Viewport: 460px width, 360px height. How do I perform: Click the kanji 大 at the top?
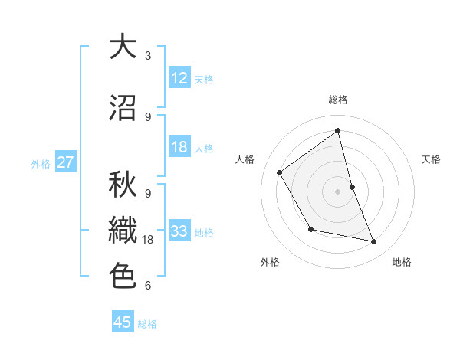(x=122, y=47)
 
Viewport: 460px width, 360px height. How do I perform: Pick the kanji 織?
(x=122, y=231)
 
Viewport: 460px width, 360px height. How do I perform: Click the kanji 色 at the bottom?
(x=122, y=275)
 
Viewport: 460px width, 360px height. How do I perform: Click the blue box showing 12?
(x=179, y=78)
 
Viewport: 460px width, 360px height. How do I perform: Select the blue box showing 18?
(x=179, y=147)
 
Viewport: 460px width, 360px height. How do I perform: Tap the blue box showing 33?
(x=179, y=231)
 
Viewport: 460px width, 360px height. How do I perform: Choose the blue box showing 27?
(x=66, y=162)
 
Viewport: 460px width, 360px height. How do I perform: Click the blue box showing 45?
(x=123, y=322)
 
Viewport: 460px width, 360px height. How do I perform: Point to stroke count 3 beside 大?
(x=148, y=56)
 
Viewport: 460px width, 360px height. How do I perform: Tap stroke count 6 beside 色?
(x=148, y=286)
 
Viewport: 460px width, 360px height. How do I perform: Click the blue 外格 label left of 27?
(x=41, y=163)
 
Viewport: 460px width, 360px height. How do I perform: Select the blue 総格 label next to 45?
(x=147, y=323)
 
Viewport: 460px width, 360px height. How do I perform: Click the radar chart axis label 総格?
(x=338, y=100)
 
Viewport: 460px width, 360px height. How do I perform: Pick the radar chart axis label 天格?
(x=432, y=159)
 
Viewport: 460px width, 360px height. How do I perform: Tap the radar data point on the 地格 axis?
(x=374, y=242)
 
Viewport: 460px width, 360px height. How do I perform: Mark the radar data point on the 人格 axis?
(x=280, y=172)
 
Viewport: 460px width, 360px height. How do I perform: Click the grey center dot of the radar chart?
(x=338, y=191)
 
